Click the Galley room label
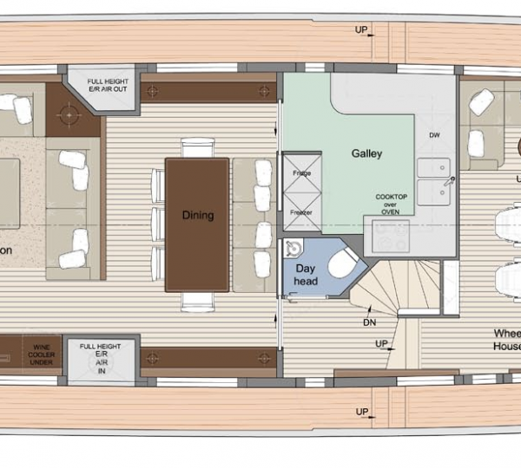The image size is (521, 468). [366, 153]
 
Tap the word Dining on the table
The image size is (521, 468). [198, 215]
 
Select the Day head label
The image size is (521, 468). [306, 276]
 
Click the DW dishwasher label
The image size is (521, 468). [435, 135]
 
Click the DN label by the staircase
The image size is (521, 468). [370, 322]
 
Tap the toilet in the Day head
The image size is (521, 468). [341, 262]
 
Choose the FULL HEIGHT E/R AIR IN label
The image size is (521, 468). [100, 357]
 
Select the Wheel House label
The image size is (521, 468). [507, 341]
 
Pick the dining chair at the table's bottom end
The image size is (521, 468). [197, 300]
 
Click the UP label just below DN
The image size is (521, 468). [381, 344]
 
